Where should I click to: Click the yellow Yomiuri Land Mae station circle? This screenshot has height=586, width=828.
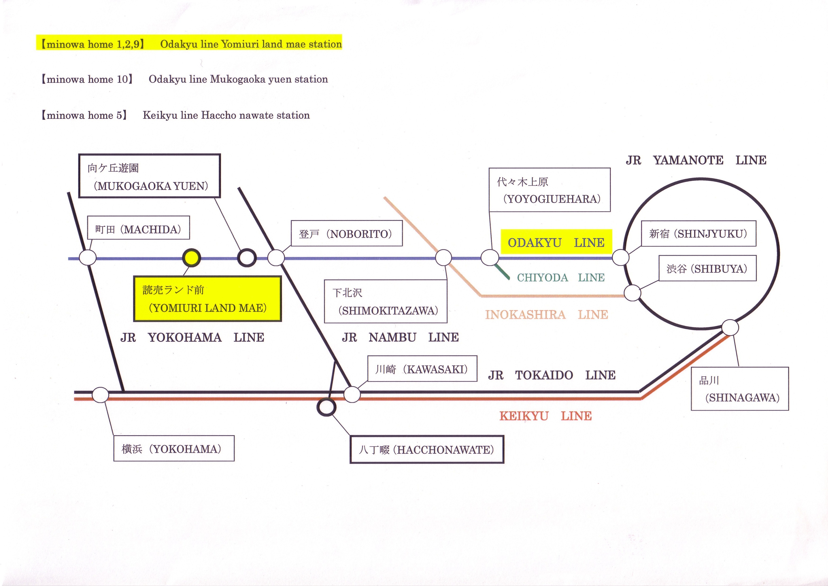pos(191,258)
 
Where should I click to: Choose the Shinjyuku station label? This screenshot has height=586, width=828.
pos(698,234)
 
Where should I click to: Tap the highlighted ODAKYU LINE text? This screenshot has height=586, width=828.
pos(556,242)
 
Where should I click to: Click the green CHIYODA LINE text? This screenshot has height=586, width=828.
pos(561,277)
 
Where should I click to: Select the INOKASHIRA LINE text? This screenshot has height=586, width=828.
pos(547,315)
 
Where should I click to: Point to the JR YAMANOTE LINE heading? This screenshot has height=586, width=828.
pos(696,160)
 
